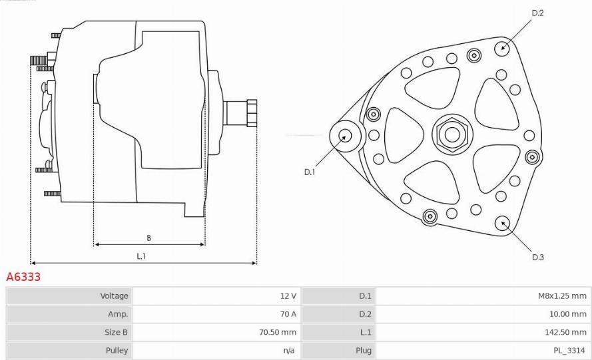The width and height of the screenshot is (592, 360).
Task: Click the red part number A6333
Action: [23, 277]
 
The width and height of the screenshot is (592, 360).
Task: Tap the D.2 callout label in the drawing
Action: [537, 13]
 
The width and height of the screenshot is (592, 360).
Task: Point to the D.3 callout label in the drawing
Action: [537, 258]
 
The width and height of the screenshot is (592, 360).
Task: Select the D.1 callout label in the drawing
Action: [309, 172]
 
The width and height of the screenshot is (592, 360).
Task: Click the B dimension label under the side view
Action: [148, 238]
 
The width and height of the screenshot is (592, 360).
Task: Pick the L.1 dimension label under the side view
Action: [141, 256]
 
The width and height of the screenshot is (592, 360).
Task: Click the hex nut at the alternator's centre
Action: [452, 134]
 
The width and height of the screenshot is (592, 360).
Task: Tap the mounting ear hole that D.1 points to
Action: [345, 136]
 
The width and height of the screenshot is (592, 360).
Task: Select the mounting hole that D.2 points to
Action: [503, 48]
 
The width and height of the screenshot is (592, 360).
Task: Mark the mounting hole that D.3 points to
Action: [503, 224]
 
